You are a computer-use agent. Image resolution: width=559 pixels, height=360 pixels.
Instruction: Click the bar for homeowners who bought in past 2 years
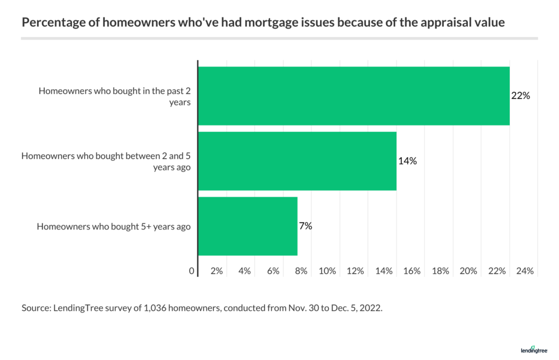click(353, 96)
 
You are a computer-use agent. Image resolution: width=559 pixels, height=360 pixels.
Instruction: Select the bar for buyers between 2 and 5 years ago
click(297, 161)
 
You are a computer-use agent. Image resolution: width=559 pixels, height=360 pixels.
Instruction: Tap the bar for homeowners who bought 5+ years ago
click(247, 226)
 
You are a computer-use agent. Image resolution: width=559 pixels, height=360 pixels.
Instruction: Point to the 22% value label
click(521, 96)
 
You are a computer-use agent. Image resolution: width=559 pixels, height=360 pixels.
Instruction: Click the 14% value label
click(407, 161)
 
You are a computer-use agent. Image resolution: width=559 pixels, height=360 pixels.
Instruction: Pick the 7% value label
click(306, 226)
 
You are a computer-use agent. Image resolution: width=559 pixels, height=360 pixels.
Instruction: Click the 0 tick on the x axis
click(192, 271)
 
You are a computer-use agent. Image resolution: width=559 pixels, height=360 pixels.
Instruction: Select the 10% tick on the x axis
click(327, 271)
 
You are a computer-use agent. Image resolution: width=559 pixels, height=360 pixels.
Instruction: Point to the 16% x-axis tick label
click(412, 271)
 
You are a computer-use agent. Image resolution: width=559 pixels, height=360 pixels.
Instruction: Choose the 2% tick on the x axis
click(216, 271)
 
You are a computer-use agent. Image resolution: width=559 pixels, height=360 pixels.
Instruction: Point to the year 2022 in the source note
click(372, 308)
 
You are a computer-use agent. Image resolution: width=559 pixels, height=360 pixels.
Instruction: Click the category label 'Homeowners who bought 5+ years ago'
click(114, 226)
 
